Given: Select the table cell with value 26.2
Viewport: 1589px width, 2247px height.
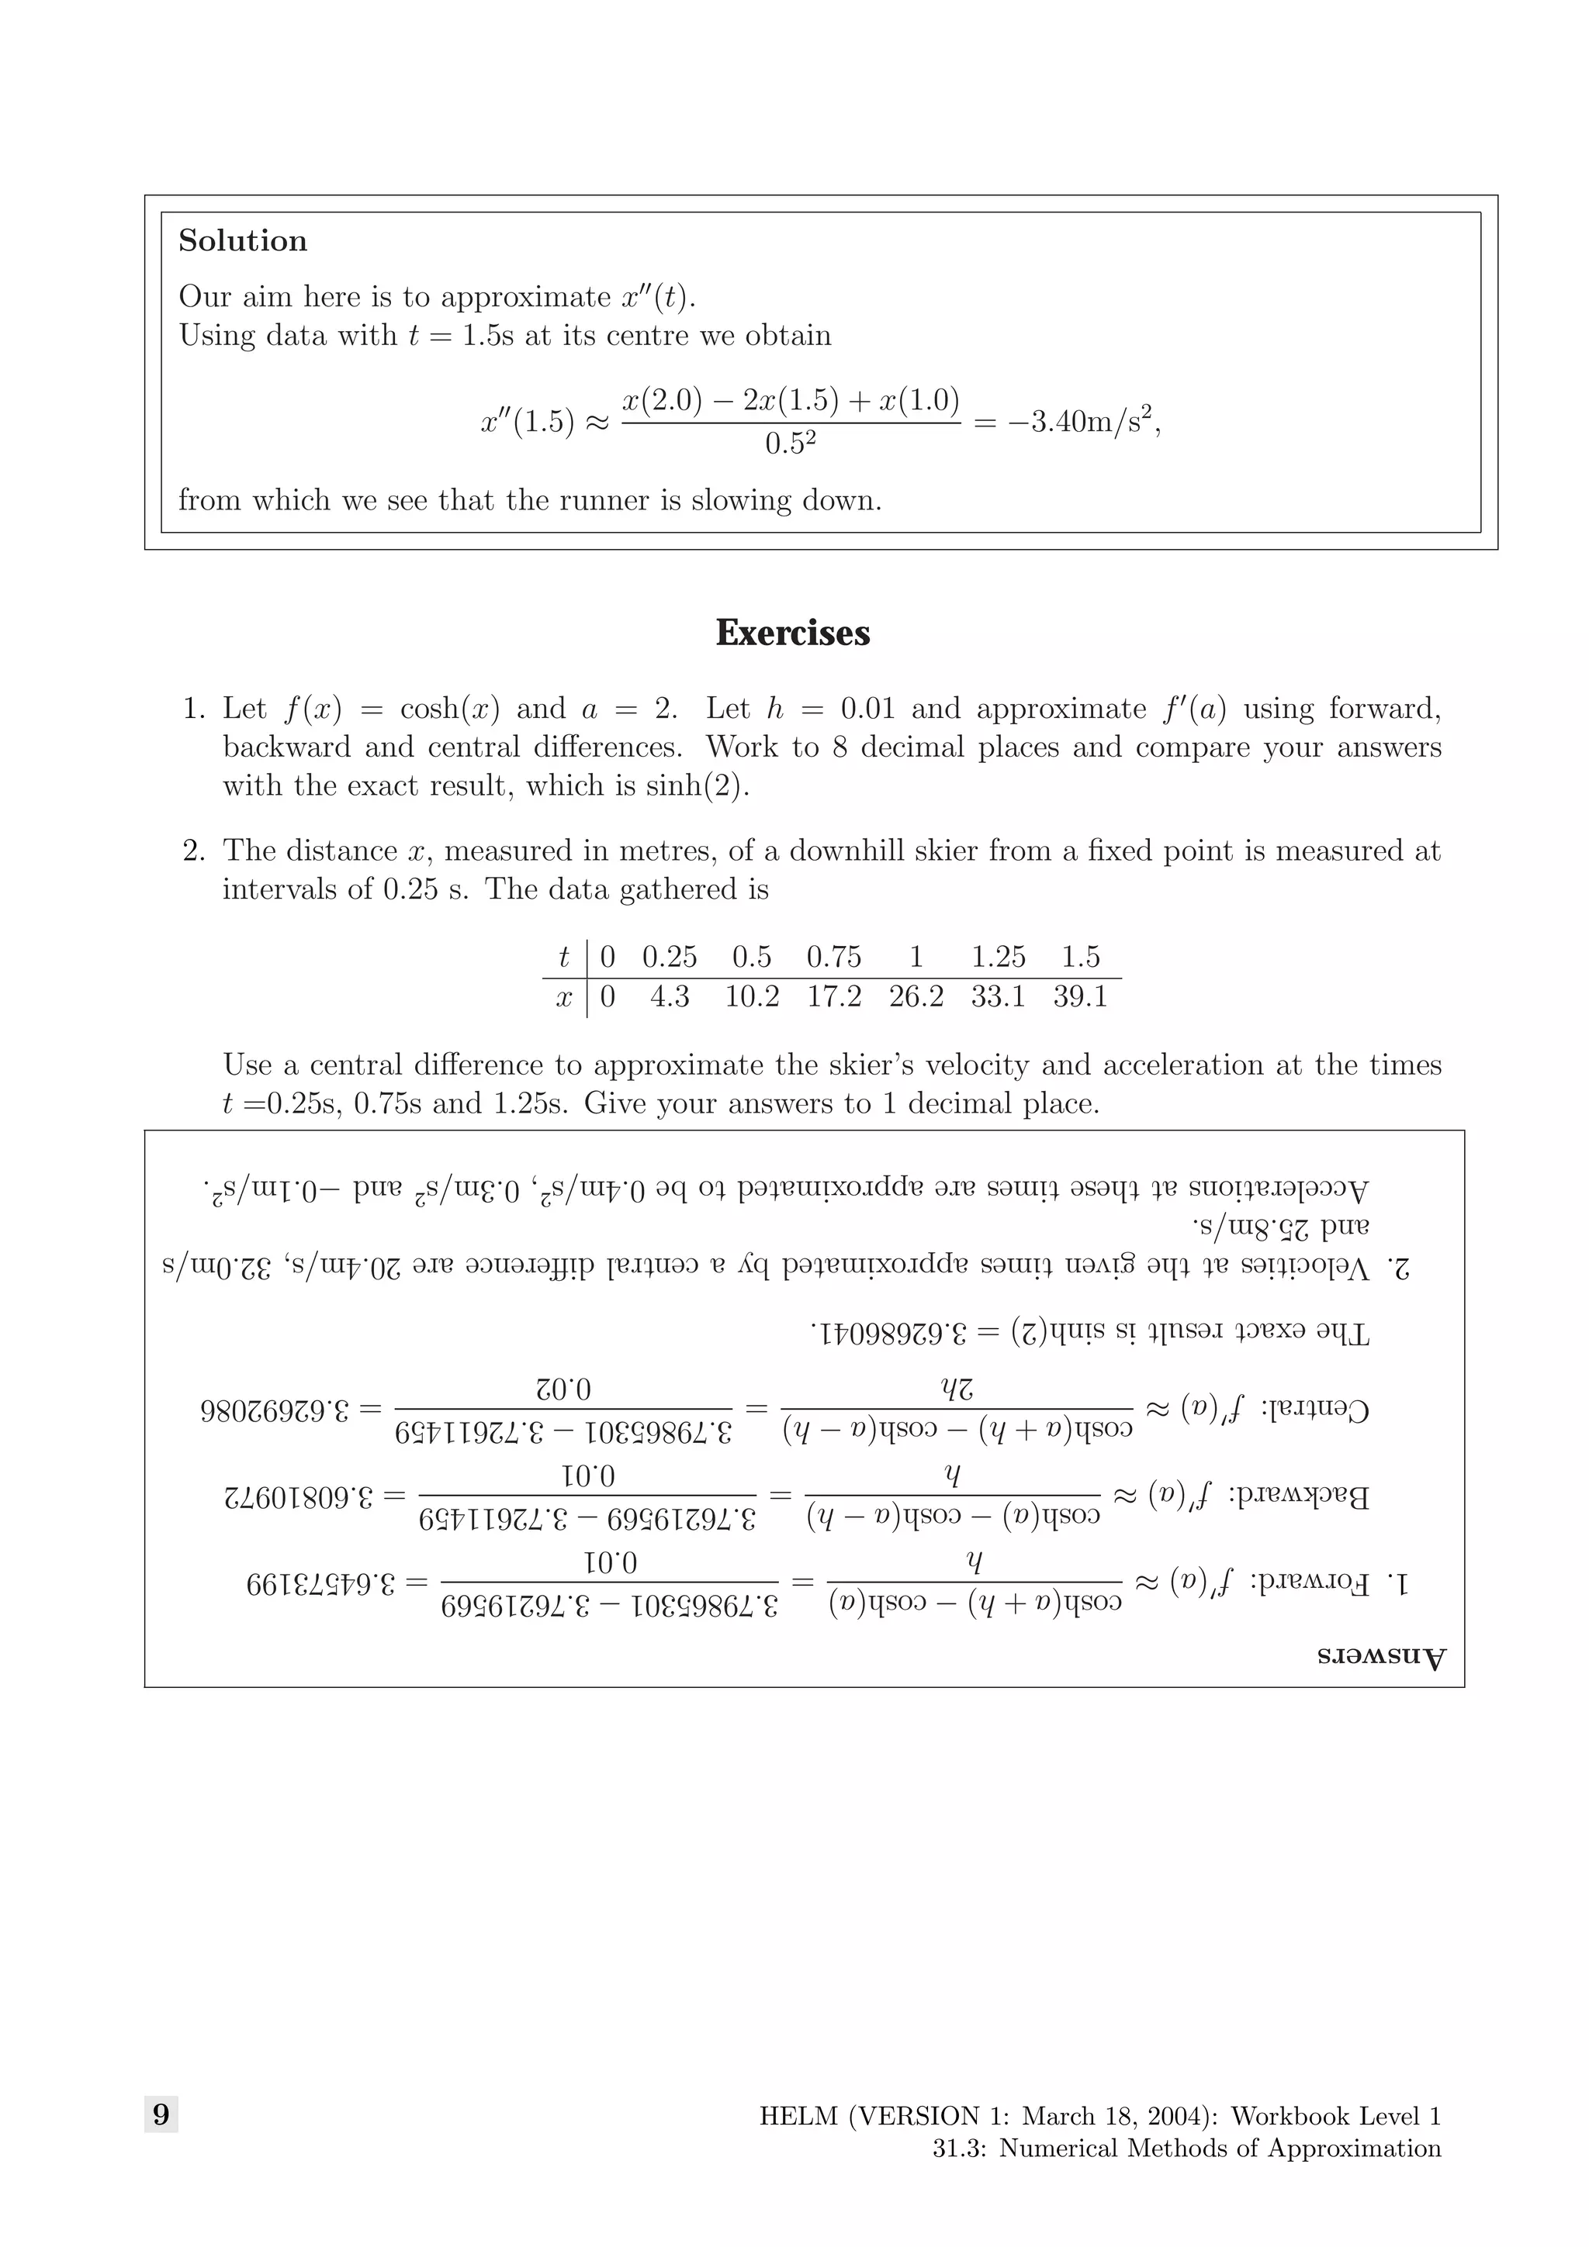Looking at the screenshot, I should [916, 996].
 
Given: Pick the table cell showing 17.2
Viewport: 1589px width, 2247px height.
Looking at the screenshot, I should [834, 996].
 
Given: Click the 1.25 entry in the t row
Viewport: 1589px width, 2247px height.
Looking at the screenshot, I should [998, 956].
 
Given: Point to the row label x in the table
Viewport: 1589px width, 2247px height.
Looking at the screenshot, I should [564, 997].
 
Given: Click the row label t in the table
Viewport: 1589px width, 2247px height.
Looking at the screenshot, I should [565, 956].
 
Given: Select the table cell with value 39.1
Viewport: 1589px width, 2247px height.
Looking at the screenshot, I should [1080, 996].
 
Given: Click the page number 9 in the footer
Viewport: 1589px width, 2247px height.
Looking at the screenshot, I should [161, 2115].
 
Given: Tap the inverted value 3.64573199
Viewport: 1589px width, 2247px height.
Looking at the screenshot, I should [321, 1583].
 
